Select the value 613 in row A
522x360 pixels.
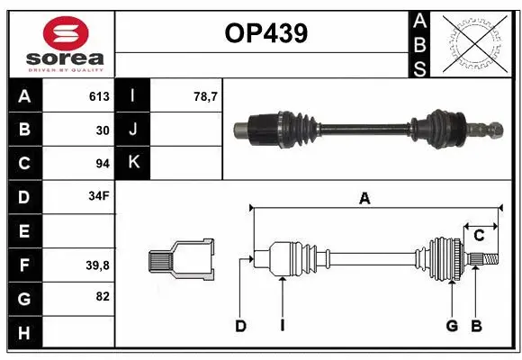click(99, 96)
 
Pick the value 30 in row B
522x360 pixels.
click(102, 130)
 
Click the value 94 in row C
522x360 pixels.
click(102, 163)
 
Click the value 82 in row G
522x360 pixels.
click(102, 296)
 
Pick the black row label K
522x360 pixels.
click(133, 163)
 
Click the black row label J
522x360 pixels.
click(133, 130)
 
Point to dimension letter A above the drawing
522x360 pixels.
click(364, 199)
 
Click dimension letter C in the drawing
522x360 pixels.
click(479, 236)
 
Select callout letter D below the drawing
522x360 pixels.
click(240, 326)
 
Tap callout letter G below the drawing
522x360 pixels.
click(452, 326)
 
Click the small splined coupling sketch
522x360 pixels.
click(182, 260)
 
